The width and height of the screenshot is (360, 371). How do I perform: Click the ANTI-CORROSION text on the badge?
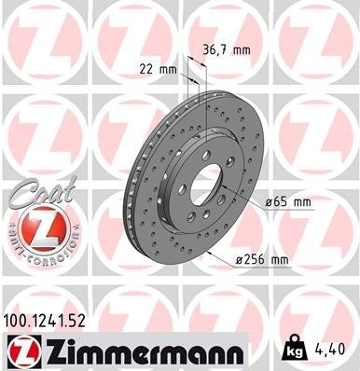(x=35, y=253)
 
